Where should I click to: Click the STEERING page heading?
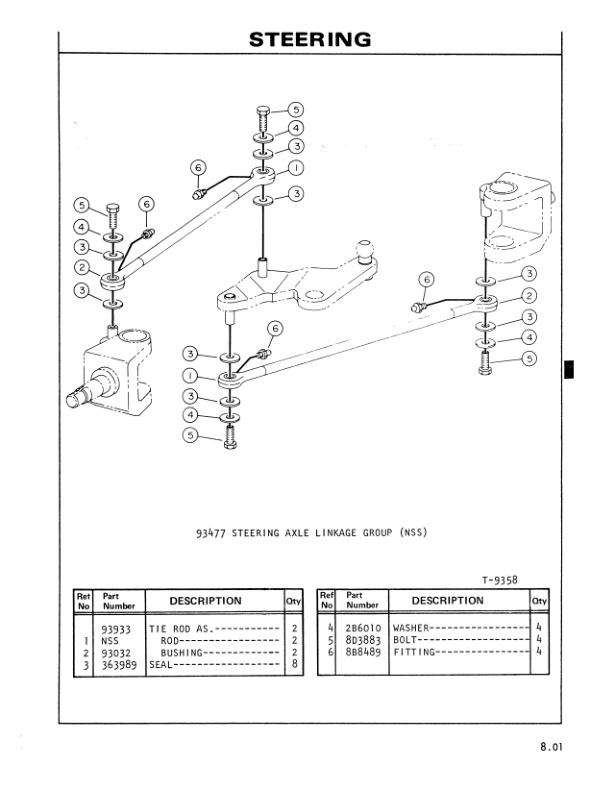310,40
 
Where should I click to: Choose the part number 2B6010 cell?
362,629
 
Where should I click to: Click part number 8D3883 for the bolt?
362,641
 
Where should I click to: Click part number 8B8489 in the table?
362,652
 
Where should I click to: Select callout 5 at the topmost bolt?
296,110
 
